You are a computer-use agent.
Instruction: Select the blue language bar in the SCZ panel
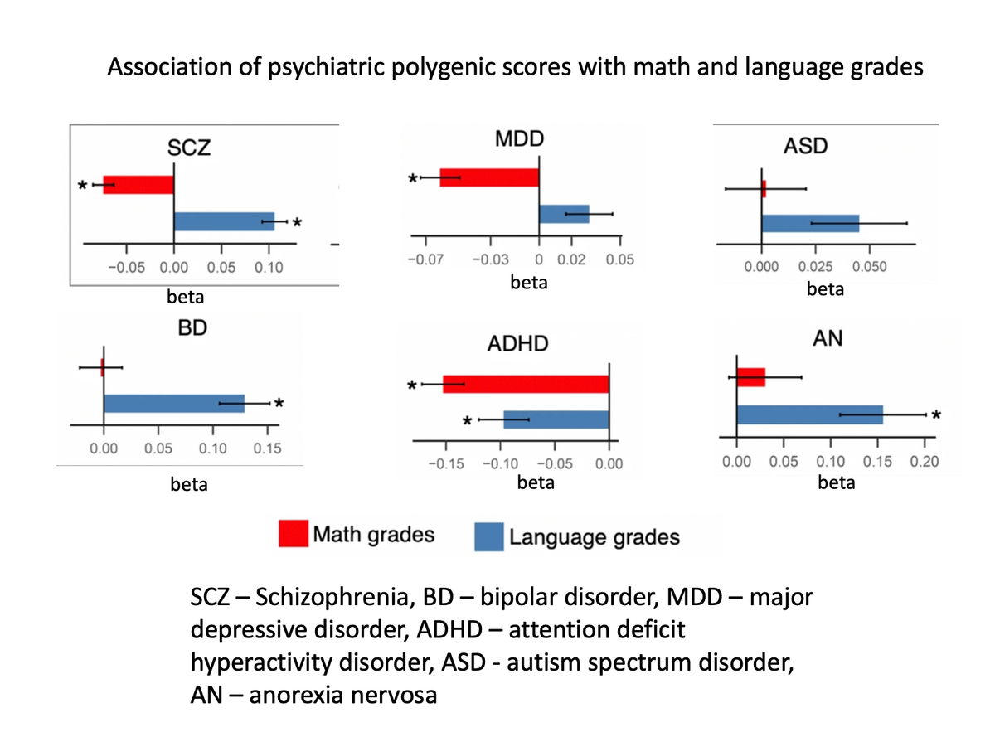pos(224,221)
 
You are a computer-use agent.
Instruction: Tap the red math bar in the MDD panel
pos(489,177)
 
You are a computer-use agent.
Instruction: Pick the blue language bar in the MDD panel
pos(564,214)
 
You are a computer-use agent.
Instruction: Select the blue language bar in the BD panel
pos(174,403)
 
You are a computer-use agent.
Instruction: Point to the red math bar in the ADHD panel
pos(526,384)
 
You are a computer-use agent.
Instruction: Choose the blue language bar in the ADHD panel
pos(556,419)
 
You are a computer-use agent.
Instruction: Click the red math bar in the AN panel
pos(750,376)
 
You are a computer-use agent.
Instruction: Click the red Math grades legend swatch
pos(294,535)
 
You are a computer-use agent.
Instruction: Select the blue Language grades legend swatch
pos(488,536)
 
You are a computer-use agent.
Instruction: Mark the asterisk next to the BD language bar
pos(279,404)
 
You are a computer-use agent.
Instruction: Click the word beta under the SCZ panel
pos(187,296)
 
